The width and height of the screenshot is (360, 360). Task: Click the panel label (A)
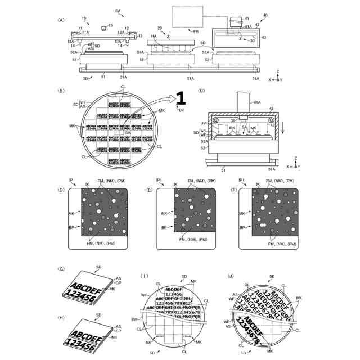(x=61, y=20)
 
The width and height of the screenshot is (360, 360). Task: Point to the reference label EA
(x=118, y=11)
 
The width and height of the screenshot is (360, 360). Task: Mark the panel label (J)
(x=230, y=276)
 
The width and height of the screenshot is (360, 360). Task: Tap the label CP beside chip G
(x=118, y=284)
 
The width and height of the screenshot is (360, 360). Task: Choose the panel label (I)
(x=145, y=276)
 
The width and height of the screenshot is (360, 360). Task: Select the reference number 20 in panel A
(x=160, y=28)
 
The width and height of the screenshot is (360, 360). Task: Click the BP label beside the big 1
(x=181, y=111)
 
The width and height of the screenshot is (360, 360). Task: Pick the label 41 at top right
(x=246, y=19)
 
